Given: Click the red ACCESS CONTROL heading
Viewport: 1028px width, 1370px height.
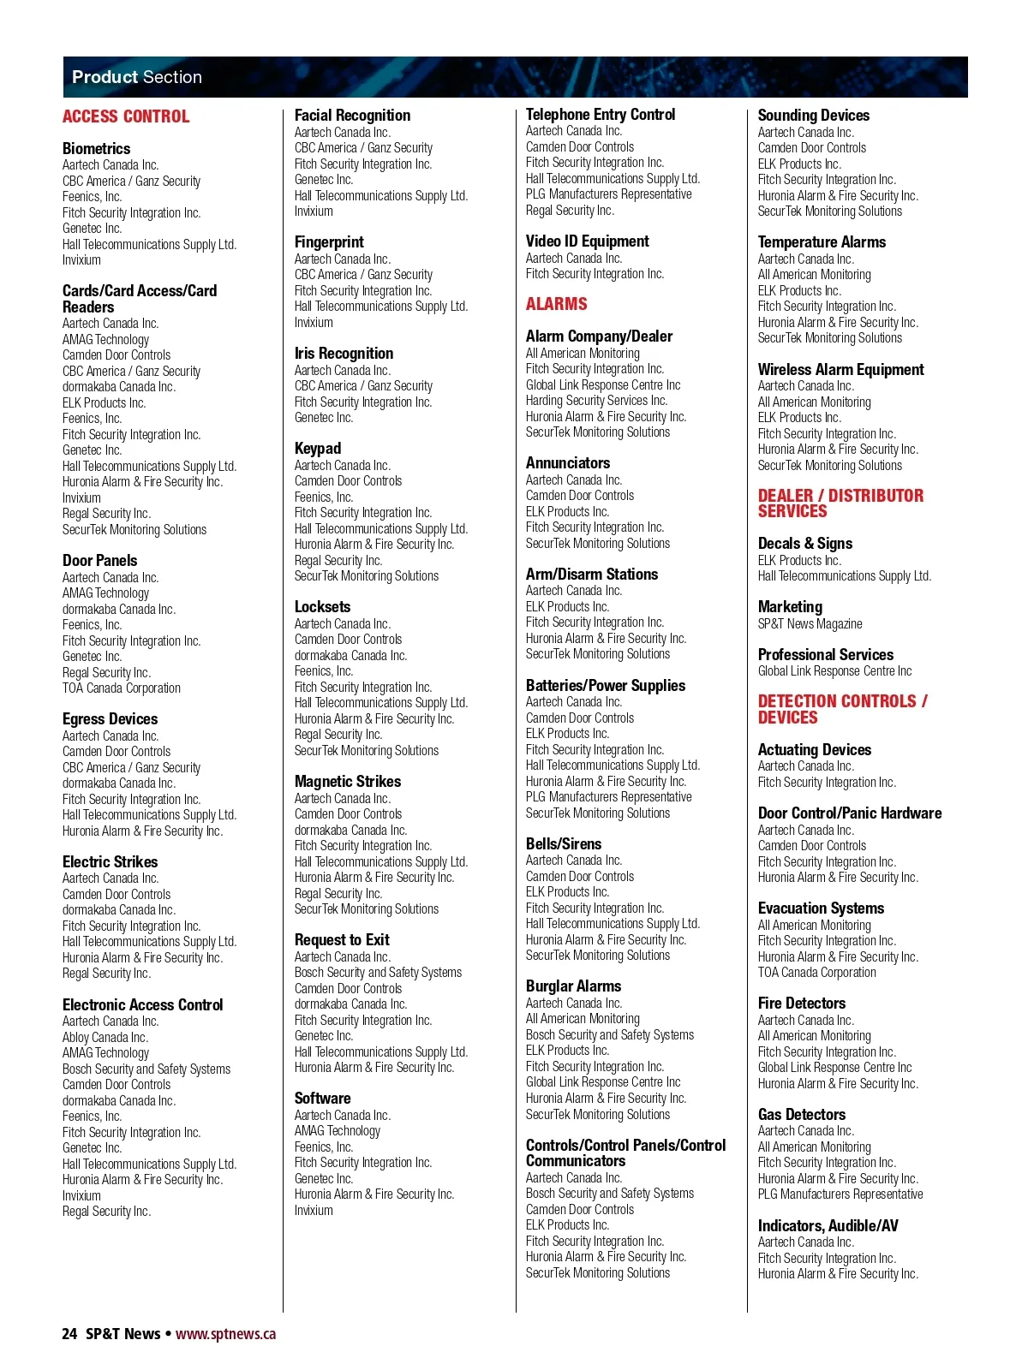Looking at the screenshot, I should pyautogui.click(x=126, y=116).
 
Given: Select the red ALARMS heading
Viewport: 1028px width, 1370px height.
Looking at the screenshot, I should pyautogui.click(x=556, y=304).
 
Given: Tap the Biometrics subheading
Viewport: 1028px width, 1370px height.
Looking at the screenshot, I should pyautogui.click(x=96, y=148).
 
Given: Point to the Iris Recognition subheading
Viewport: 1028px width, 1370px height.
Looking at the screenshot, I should pyautogui.click(x=344, y=353).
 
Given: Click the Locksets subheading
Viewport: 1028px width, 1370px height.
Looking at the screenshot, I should pyautogui.click(x=322, y=606).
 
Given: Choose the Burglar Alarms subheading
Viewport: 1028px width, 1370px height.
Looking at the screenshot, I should pyautogui.click(x=573, y=986).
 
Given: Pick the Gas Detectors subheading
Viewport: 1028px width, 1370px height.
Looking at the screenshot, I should pyautogui.click(x=801, y=1114).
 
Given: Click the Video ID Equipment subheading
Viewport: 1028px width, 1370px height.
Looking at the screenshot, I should pyautogui.click(x=587, y=241).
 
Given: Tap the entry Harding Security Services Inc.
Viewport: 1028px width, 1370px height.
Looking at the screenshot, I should pyautogui.click(x=596, y=401).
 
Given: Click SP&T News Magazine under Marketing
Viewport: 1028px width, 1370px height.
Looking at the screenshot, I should pyautogui.click(x=810, y=624).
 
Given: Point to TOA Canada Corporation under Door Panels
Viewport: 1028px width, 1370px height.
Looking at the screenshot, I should pyautogui.click(x=121, y=688).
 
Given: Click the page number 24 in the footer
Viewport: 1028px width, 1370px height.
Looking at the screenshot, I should pyautogui.click(x=69, y=1333).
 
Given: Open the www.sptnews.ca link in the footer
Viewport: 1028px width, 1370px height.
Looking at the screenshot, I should pyautogui.click(x=225, y=1333).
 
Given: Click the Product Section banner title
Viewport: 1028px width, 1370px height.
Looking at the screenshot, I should pyautogui.click(x=137, y=77).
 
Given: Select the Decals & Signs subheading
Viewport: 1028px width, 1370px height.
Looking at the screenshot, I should pyautogui.click(x=804, y=543).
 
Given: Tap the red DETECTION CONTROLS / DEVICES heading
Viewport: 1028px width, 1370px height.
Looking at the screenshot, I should pyautogui.click(x=841, y=709).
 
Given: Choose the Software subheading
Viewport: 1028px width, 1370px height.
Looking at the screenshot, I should pyautogui.click(x=322, y=1098).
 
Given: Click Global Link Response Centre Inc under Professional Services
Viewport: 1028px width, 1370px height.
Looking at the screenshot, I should pyautogui.click(x=834, y=671).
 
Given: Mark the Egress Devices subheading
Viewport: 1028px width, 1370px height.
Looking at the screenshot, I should pyautogui.click(x=110, y=718).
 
